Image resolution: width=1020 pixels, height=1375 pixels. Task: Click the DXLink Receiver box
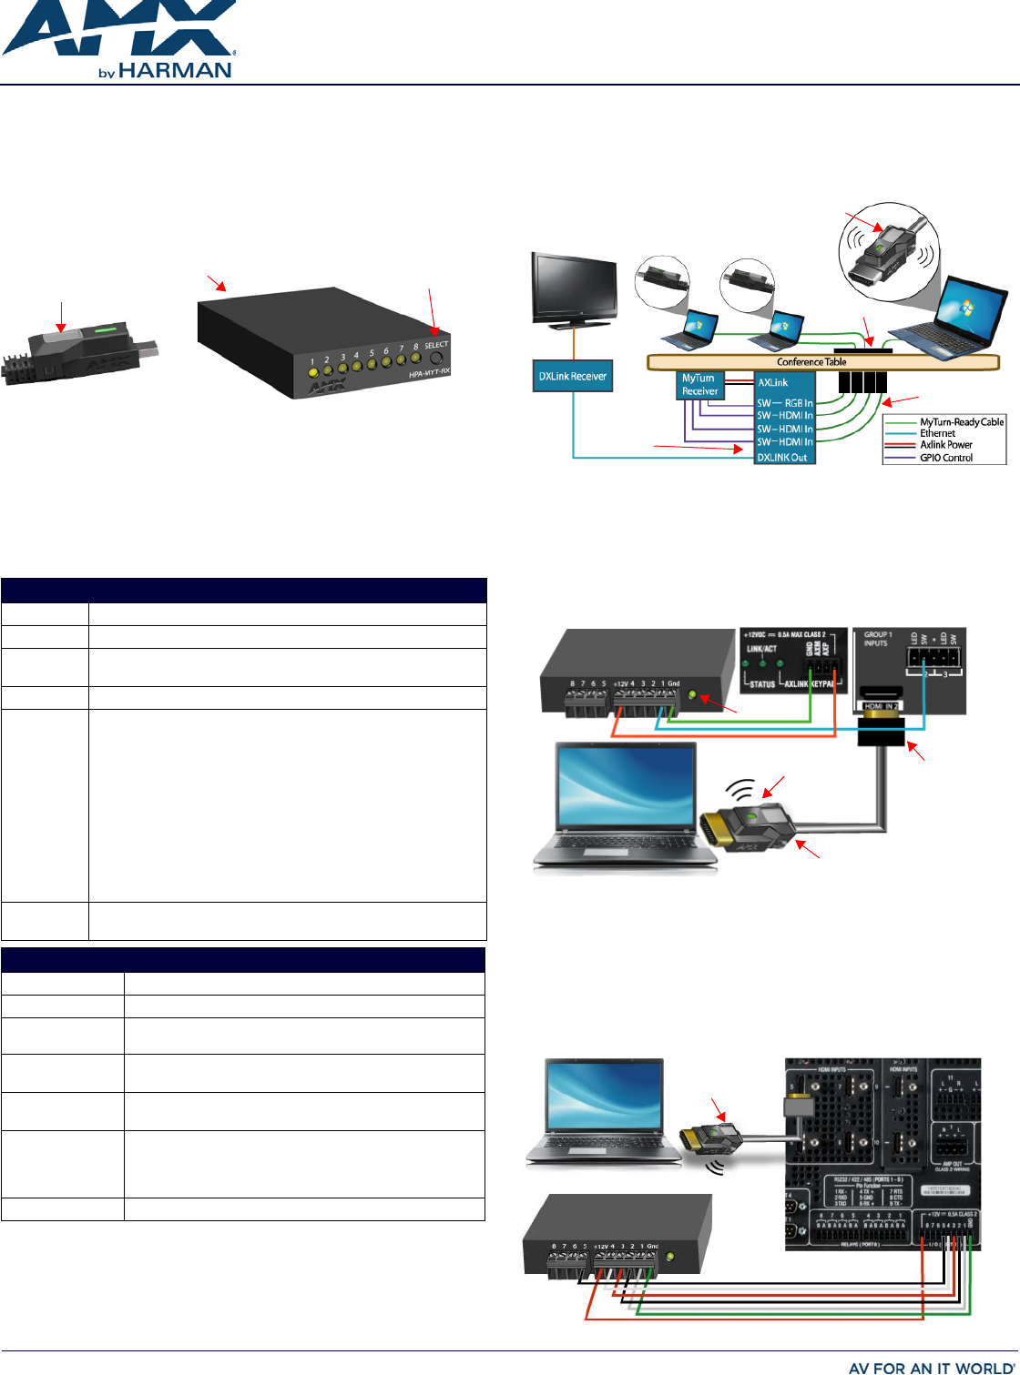point(572,376)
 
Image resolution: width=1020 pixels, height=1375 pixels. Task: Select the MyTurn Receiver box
point(699,385)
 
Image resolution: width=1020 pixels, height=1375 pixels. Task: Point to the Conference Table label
point(811,361)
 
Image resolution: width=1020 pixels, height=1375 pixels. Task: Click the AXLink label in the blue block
point(773,382)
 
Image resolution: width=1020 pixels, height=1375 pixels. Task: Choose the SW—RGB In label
point(785,403)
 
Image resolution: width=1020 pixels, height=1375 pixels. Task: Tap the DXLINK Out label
point(782,458)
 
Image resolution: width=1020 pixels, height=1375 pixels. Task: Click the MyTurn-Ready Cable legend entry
point(961,422)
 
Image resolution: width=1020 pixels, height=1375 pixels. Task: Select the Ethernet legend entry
point(937,434)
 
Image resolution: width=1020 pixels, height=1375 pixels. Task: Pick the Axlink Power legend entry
point(945,445)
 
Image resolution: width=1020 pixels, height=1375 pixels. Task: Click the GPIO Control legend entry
point(945,458)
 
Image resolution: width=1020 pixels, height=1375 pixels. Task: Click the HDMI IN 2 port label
point(882,706)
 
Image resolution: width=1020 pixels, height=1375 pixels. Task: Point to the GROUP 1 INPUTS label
point(876,639)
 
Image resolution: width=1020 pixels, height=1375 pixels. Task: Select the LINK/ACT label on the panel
point(761,649)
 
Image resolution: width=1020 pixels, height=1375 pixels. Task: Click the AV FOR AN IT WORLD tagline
point(929,1367)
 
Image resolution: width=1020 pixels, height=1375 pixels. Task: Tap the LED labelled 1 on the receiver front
point(312,372)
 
